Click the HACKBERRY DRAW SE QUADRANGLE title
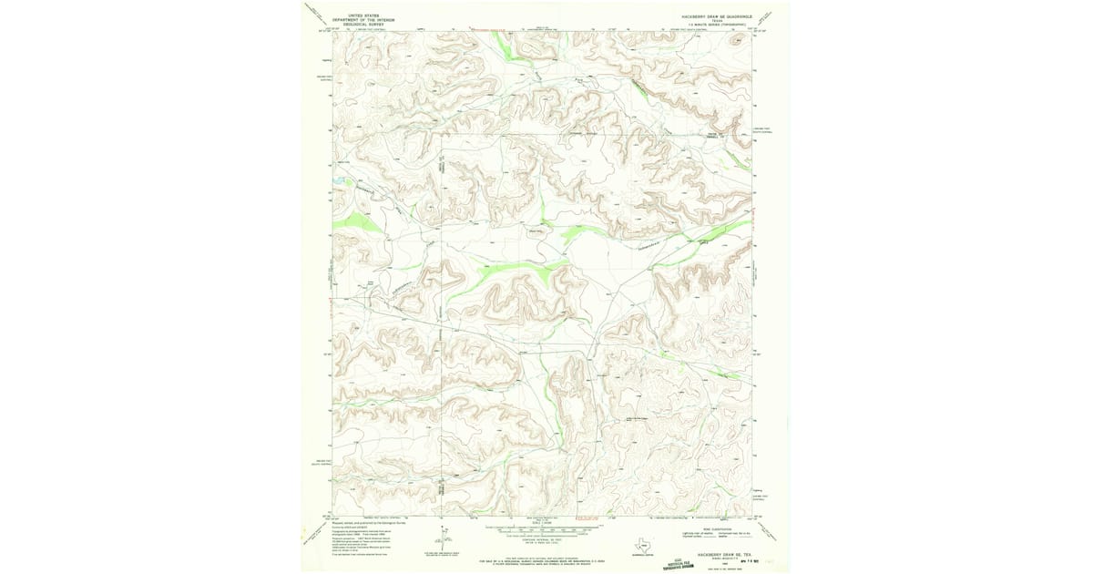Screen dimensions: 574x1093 click(716, 15)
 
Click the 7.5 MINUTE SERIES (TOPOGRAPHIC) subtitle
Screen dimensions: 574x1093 click(716, 25)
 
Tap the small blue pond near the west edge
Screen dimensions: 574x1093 click(339, 180)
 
